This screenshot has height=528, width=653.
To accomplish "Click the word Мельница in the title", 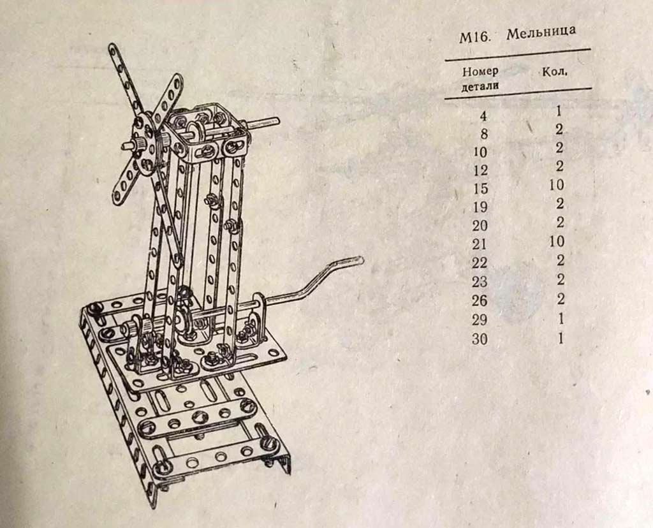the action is click(541, 33).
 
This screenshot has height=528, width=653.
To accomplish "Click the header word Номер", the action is click(480, 71).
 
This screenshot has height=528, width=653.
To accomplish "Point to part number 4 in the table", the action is click(483, 116).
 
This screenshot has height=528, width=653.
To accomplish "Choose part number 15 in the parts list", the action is click(480, 189).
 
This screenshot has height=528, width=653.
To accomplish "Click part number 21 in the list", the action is click(480, 244).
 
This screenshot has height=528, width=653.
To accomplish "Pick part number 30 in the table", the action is click(480, 339).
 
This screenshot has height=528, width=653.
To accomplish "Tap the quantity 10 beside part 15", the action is click(557, 184).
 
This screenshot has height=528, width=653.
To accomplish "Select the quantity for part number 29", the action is click(561, 319).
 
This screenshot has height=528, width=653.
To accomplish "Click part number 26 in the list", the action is click(480, 300).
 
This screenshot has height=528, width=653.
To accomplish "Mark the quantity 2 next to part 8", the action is click(559, 129).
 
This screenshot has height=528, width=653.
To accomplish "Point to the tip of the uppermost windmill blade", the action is click(112, 47).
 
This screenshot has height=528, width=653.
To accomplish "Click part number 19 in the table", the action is click(480, 207).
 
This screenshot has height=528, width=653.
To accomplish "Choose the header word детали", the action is click(480, 87).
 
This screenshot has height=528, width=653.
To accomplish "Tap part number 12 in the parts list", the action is click(481, 170).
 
